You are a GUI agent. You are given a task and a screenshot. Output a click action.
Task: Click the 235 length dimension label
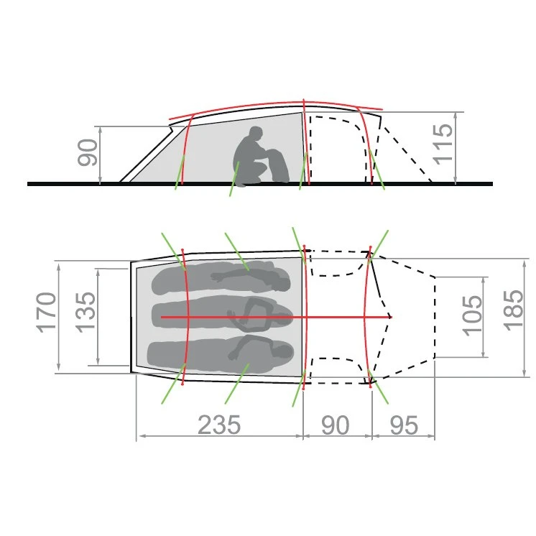pos(219,425)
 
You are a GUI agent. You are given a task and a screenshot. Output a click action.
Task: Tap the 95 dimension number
pos(404,425)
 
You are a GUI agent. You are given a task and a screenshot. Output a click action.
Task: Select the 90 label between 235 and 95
pos(335,425)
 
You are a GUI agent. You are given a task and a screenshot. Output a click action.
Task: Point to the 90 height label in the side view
pos(88,153)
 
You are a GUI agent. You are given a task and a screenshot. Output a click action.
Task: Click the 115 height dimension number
pos(443,144)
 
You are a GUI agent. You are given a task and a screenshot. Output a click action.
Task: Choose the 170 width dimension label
pos(46,313)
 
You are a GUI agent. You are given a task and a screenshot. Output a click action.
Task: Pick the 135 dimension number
pos(86,313)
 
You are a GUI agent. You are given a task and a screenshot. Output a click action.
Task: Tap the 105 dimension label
pos(472,316)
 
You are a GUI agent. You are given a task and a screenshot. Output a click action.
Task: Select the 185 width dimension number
pos(514,310)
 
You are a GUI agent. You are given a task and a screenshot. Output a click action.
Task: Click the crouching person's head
pos(256,133)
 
